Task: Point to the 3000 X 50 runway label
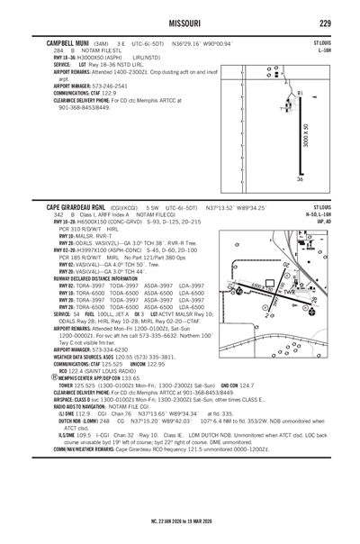(306, 139)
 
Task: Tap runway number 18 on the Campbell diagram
(300, 93)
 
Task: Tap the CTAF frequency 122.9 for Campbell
(108, 92)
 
